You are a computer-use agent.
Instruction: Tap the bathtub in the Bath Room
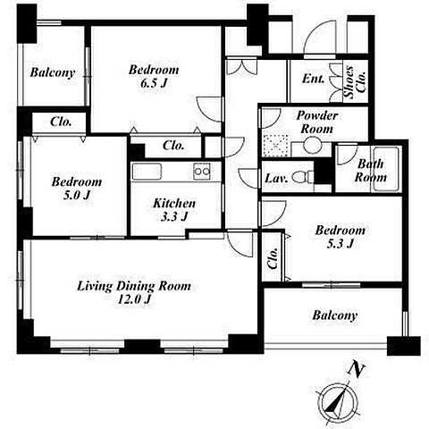tap(386, 169)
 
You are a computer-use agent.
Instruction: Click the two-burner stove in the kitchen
tap(202, 172)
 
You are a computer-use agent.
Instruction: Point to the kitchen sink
tap(147, 172)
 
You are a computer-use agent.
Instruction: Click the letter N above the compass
tap(357, 369)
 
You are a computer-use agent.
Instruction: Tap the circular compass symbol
tap(338, 401)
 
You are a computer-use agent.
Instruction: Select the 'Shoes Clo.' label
tap(355, 81)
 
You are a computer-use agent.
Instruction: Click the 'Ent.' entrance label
tap(313, 79)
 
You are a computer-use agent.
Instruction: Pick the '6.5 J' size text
tap(154, 83)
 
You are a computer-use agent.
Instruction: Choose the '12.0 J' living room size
tap(134, 299)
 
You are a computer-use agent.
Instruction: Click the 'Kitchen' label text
tap(174, 204)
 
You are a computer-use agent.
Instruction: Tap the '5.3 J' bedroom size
tap(341, 244)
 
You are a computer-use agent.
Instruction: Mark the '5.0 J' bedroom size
tap(77, 195)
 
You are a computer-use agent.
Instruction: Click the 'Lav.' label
tap(276, 179)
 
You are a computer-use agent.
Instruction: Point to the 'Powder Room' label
tap(317, 122)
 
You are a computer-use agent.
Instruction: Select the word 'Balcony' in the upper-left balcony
tap(53, 72)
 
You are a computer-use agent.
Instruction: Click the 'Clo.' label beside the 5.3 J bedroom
tap(273, 258)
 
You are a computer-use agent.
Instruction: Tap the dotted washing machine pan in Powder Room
tap(274, 146)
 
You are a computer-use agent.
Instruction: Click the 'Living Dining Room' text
tap(134, 286)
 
